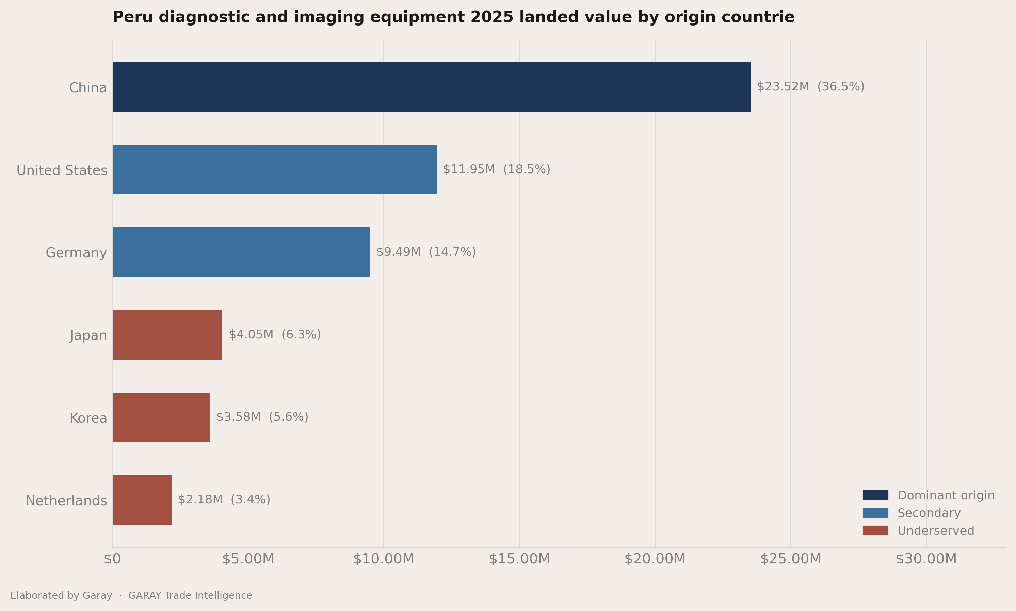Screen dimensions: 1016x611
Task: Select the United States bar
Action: pos(275,170)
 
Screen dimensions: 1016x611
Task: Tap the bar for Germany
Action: pos(241,252)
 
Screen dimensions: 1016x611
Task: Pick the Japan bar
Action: pos(167,335)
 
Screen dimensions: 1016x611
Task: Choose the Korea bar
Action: pos(161,417)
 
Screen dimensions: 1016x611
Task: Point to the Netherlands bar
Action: pos(142,500)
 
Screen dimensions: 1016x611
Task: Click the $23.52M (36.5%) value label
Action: pos(810,87)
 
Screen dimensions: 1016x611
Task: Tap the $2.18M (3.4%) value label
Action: pos(224,500)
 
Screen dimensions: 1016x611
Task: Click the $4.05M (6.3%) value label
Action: pos(275,335)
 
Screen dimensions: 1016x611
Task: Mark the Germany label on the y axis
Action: pos(76,253)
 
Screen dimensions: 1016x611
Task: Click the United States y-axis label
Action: pos(62,170)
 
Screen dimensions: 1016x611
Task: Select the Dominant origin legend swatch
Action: pos(875,495)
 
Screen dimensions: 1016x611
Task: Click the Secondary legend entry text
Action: pos(929,513)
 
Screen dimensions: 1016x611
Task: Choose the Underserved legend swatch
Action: pos(875,530)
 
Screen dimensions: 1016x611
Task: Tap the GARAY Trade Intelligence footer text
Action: pos(190,595)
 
